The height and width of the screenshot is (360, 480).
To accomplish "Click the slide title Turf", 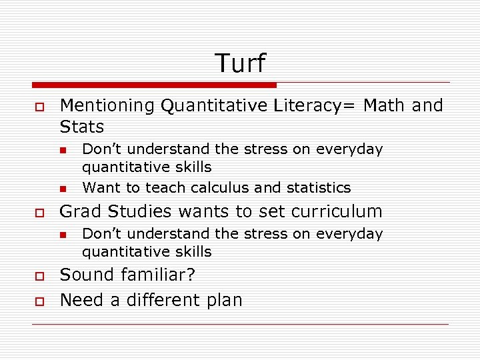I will pyautogui.click(x=240, y=63).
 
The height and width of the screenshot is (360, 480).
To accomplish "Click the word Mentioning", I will pyautogui.click(x=107, y=105).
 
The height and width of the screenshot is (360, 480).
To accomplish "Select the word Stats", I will pyautogui.click(x=82, y=127).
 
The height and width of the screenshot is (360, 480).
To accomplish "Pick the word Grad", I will pyautogui.click(x=81, y=212).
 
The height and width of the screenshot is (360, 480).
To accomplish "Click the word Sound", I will pyautogui.click(x=87, y=275).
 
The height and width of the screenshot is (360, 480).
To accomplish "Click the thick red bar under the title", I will pyautogui.click(x=154, y=85).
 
